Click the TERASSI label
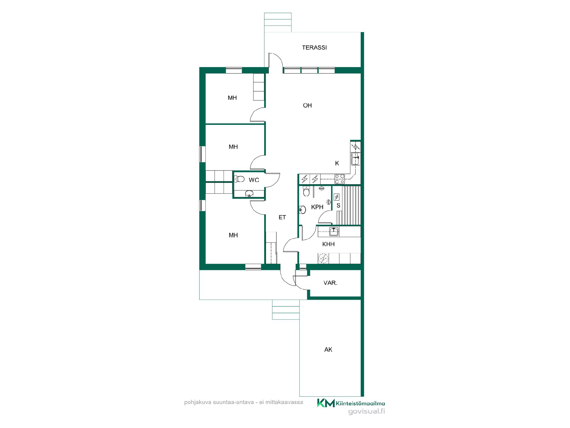pos(314,48)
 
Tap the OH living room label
pos(307,106)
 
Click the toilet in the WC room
pos(239,179)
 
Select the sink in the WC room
pos(249,194)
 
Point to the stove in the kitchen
pos(340,179)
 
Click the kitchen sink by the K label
pos(355,159)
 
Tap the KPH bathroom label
pos(317,207)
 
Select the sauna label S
pos(338,206)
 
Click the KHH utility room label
pos(328,244)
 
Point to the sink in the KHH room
pos(334,231)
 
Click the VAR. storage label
pos(330,283)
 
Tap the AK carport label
pos(328,350)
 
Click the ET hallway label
pos(282,218)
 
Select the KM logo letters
pos(326,403)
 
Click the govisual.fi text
pos(367,412)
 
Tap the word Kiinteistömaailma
pos(361,403)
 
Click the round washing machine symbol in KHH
pos(323,259)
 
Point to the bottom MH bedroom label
pos(233,235)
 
